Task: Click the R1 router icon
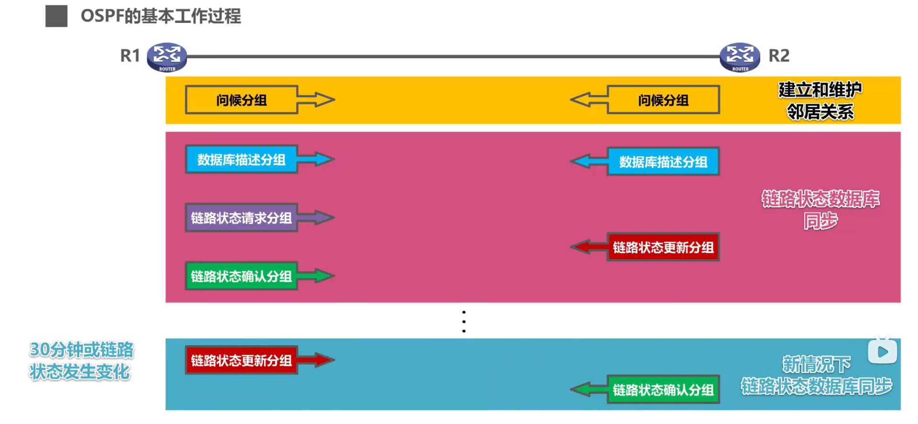pyautogui.click(x=166, y=57)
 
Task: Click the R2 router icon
pyautogui.click(x=740, y=57)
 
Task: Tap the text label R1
pyautogui.click(x=130, y=56)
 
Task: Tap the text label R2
pyautogui.click(x=779, y=56)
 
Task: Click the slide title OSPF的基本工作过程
pyautogui.click(x=161, y=16)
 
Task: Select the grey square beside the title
pyautogui.click(x=56, y=16)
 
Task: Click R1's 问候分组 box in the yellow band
pyautogui.click(x=241, y=100)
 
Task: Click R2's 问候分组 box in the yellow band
pyautogui.click(x=663, y=100)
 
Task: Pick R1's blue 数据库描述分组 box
pyautogui.click(x=241, y=159)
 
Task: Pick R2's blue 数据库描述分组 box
pyautogui.click(x=663, y=161)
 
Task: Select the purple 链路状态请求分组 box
pyautogui.click(x=241, y=218)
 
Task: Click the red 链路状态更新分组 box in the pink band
pyautogui.click(x=663, y=247)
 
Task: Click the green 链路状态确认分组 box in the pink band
pyautogui.click(x=241, y=276)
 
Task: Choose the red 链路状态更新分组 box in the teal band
pyautogui.click(x=241, y=360)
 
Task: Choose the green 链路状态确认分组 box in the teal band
pyautogui.click(x=663, y=390)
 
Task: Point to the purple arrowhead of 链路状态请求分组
pyautogui.click(x=324, y=218)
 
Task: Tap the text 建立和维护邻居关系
pyautogui.click(x=820, y=100)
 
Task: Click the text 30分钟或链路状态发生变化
pyautogui.click(x=81, y=360)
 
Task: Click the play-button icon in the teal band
pyautogui.click(x=882, y=352)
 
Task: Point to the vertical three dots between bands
pyautogui.click(x=464, y=321)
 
